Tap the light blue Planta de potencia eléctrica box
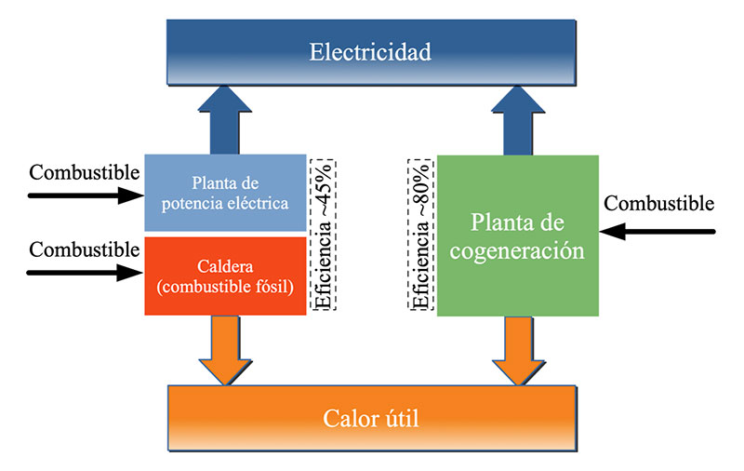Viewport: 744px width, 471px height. (x=226, y=192)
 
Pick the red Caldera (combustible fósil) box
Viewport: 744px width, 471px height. (x=226, y=276)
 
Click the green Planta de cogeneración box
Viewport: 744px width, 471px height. (x=516, y=235)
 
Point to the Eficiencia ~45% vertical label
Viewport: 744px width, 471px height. (x=325, y=234)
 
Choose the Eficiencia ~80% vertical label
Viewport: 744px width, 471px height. (x=420, y=234)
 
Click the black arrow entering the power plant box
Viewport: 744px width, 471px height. (x=84, y=196)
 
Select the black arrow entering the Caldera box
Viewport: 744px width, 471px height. (x=84, y=273)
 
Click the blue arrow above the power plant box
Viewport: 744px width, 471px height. (x=226, y=118)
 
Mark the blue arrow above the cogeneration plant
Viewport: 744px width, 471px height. (x=516, y=118)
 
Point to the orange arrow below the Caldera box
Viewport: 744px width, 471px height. (x=226, y=349)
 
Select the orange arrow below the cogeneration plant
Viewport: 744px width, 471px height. (x=516, y=349)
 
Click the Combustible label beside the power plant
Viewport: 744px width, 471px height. (x=85, y=173)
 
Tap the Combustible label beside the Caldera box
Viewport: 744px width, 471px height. (x=85, y=249)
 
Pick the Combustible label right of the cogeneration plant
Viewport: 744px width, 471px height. (x=659, y=203)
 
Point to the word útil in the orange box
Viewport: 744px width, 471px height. (x=400, y=418)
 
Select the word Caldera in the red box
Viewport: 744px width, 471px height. (x=226, y=266)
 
